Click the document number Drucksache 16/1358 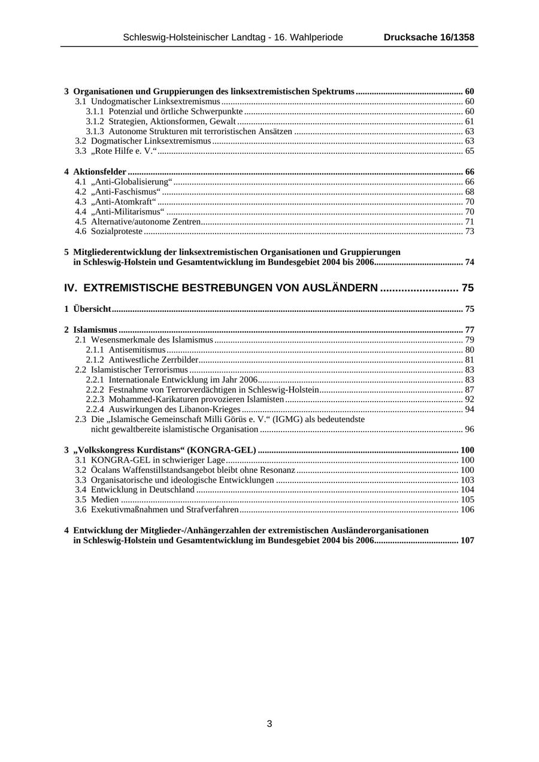click(429, 37)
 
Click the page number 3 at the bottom click(269, 724)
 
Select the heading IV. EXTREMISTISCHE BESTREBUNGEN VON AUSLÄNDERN click(221, 288)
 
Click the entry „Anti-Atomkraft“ click(123, 202)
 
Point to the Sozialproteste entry click(117, 231)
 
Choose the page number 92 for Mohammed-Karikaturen click(469, 399)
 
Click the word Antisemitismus click(137, 350)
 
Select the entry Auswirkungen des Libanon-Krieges click(174, 409)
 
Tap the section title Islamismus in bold click(95, 330)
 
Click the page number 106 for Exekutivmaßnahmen click(467, 510)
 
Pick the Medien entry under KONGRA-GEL click(105, 500)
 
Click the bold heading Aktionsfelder click(99, 172)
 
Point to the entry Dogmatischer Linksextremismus click(151, 141)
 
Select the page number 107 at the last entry click(467, 541)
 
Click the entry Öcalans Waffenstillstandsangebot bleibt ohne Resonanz click(193, 470)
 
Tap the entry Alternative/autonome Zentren click(146, 221)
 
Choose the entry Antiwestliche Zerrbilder click(153, 360)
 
